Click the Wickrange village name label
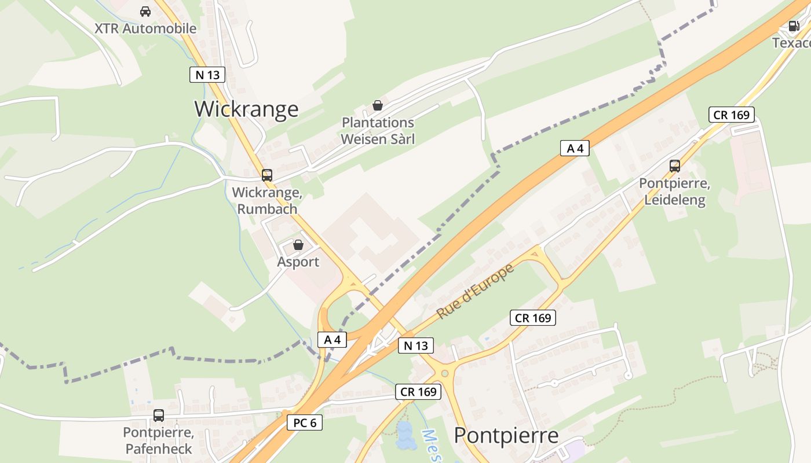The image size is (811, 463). (246, 109)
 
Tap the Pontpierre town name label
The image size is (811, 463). (506, 436)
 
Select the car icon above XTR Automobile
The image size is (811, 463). (145, 11)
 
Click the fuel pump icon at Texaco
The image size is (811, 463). (793, 25)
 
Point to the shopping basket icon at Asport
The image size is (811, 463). (298, 245)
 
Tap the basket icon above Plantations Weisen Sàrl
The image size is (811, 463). (378, 105)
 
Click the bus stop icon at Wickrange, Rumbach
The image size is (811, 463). (266, 175)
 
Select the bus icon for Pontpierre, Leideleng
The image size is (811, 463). (675, 166)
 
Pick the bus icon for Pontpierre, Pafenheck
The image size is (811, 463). (158, 415)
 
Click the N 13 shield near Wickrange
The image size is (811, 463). (207, 74)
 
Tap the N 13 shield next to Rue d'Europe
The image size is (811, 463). (415, 346)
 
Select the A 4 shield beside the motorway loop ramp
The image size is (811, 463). (332, 340)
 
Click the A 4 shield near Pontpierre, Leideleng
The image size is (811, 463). (575, 148)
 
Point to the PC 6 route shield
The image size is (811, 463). (305, 422)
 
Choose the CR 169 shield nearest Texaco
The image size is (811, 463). (732, 115)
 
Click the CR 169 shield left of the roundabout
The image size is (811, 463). (418, 392)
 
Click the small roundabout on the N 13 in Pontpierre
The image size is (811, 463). (444, 373)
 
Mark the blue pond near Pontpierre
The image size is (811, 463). (405, 436)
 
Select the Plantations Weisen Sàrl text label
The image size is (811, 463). (378, 131)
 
